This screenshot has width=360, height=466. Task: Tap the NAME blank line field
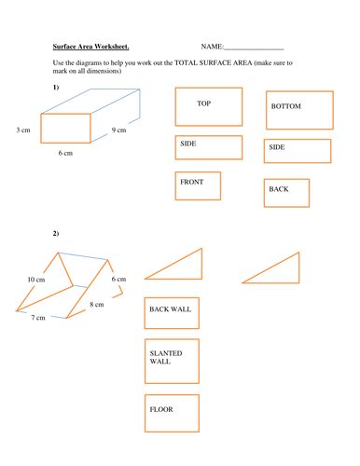[x=254, y=48]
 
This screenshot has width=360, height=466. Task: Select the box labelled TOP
[x=208, y=106]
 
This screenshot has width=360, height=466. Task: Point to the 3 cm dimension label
[x=24, y=130]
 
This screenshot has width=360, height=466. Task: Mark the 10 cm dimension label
[x=35, y=279]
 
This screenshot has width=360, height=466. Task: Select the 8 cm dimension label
[x=98, y=305]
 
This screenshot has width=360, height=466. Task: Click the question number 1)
[x=56, y=87]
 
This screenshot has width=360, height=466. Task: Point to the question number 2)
[x=56, y=232]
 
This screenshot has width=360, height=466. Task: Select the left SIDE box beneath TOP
[x=208, y=147]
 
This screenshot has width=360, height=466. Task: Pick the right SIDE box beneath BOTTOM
[x=297, y=150]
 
